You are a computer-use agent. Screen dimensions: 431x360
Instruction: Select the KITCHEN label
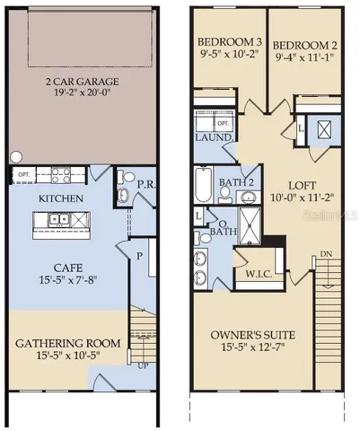click(60, 198)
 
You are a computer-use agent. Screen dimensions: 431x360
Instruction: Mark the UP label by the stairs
click(144, 366)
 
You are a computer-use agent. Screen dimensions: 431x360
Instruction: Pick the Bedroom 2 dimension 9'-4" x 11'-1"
click(303, 56)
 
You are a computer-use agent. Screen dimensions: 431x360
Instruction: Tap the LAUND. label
click(214, 137)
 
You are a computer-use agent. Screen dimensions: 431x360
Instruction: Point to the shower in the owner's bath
click(244, 222)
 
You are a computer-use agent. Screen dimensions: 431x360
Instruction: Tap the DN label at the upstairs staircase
click(324, 255)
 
